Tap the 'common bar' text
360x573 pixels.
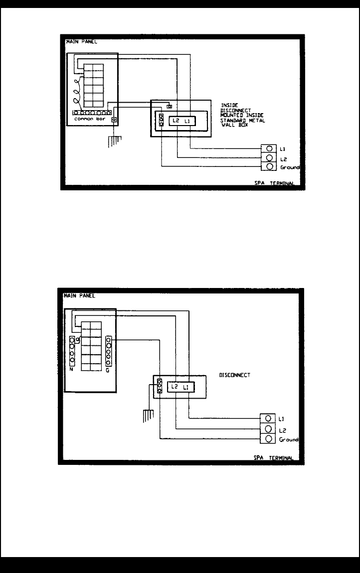(x=87, y=120)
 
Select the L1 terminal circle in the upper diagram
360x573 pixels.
(x=269, y=148)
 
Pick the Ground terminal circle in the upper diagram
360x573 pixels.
(x=269, y=166)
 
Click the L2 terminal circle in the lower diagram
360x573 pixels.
(x=269, y=429)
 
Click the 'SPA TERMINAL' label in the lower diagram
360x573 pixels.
(x=273, y=458)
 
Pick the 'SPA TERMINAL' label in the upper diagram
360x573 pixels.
(x=273, y=184)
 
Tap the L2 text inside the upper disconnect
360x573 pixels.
(x=175, y=121)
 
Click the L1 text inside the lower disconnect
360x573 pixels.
(x=185, y=387)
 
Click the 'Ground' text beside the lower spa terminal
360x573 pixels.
(x=289, y=440)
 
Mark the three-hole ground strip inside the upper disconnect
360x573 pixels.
(x=162, y=120)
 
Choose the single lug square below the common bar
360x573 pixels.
(x=114, y=120)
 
